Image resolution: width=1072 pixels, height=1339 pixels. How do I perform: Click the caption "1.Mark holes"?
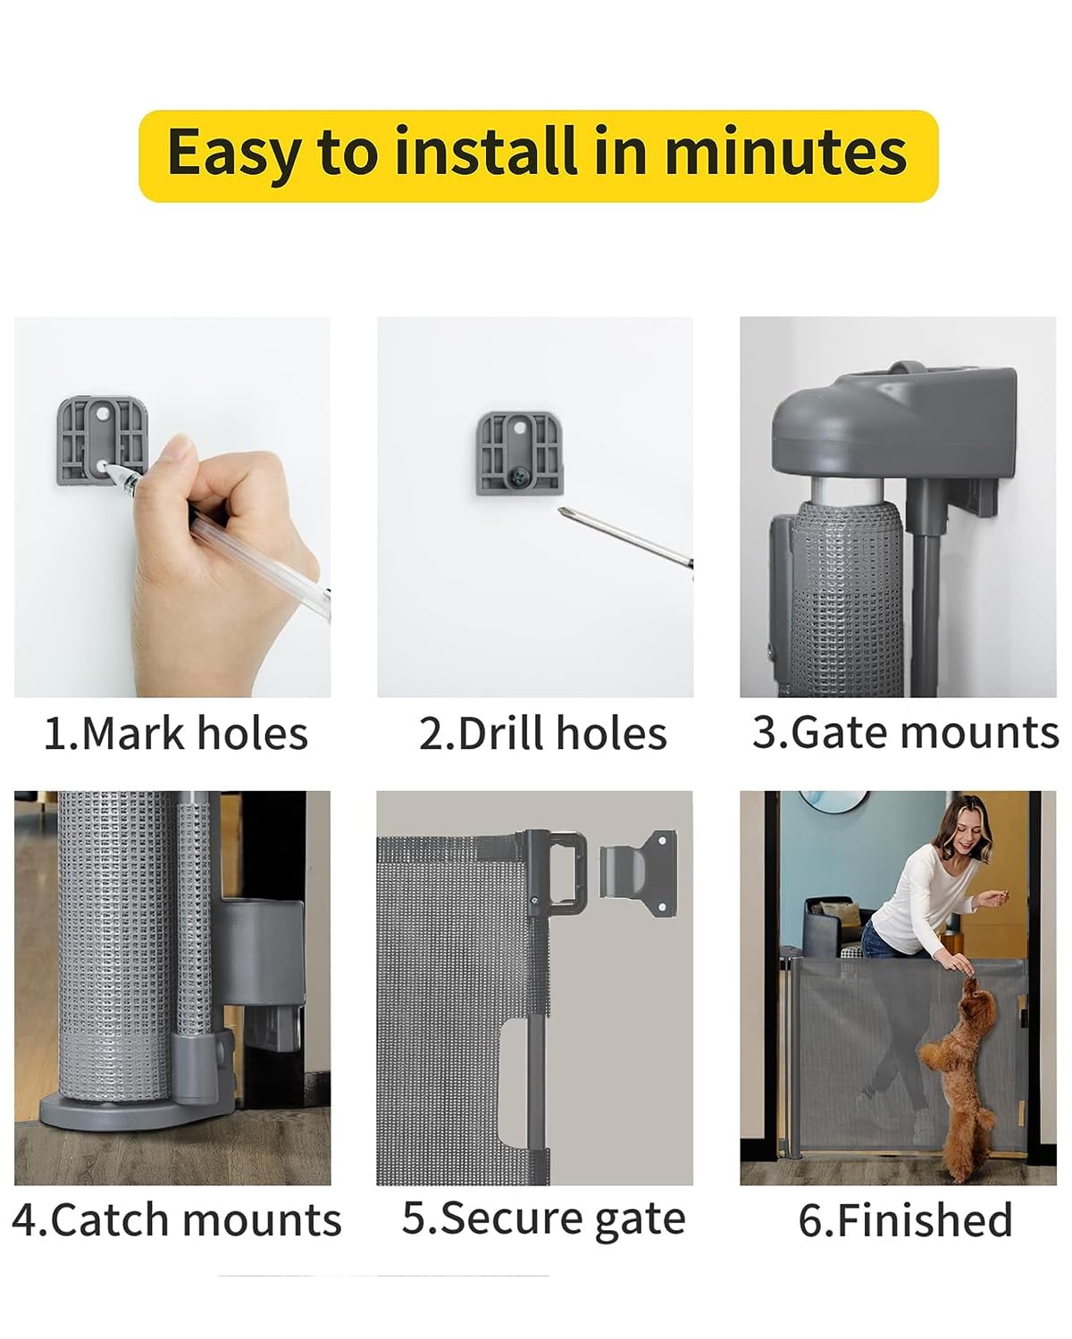(x=176, y=734)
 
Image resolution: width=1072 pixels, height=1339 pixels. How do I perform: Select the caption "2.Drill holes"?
(x=542, y=734)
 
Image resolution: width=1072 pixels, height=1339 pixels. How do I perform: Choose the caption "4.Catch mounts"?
(x=177, y=1220)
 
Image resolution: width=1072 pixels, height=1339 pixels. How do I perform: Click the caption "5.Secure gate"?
(x=543, y=1218)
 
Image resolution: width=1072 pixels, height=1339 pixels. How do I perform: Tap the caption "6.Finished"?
(x=905, y=1220)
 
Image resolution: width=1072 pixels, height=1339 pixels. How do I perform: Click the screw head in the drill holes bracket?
(x=518, y=477)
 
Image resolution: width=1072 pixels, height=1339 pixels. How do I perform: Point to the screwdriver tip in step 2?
(x=561, y=511)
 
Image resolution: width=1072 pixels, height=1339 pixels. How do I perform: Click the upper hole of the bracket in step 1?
(x=102, y=413)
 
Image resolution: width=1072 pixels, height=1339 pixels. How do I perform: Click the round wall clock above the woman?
(x=833, y=802)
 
